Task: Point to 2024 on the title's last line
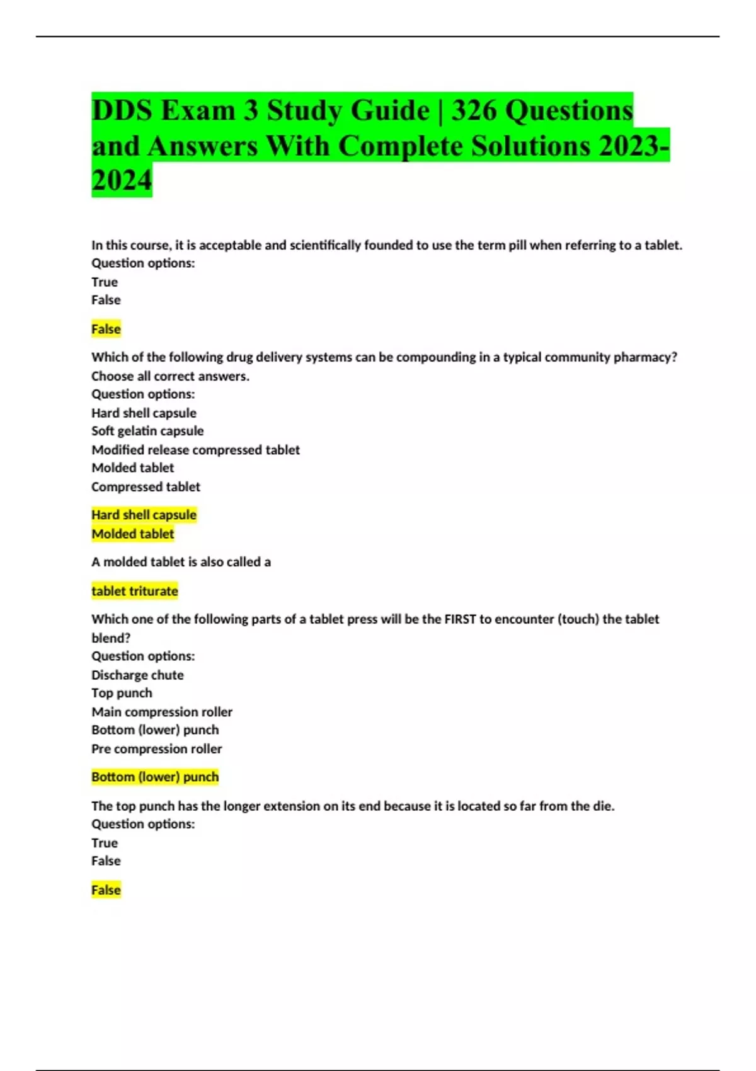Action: coord(122,180)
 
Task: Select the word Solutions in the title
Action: coord(531,146)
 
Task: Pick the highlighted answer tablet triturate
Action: coord(135,591)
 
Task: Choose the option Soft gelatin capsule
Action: coord(147,431)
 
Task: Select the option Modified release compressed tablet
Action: coord(195,450)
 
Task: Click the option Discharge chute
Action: coord(137,675)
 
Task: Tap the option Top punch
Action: coord(122,693)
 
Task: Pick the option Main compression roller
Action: coord(162,712)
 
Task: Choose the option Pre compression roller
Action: coord(156,748)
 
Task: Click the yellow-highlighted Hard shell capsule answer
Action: coord(144,515)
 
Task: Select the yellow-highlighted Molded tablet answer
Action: coord(132,534)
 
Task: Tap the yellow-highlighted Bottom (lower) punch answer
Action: coord(155,777)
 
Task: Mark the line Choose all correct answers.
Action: coord(170,376)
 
